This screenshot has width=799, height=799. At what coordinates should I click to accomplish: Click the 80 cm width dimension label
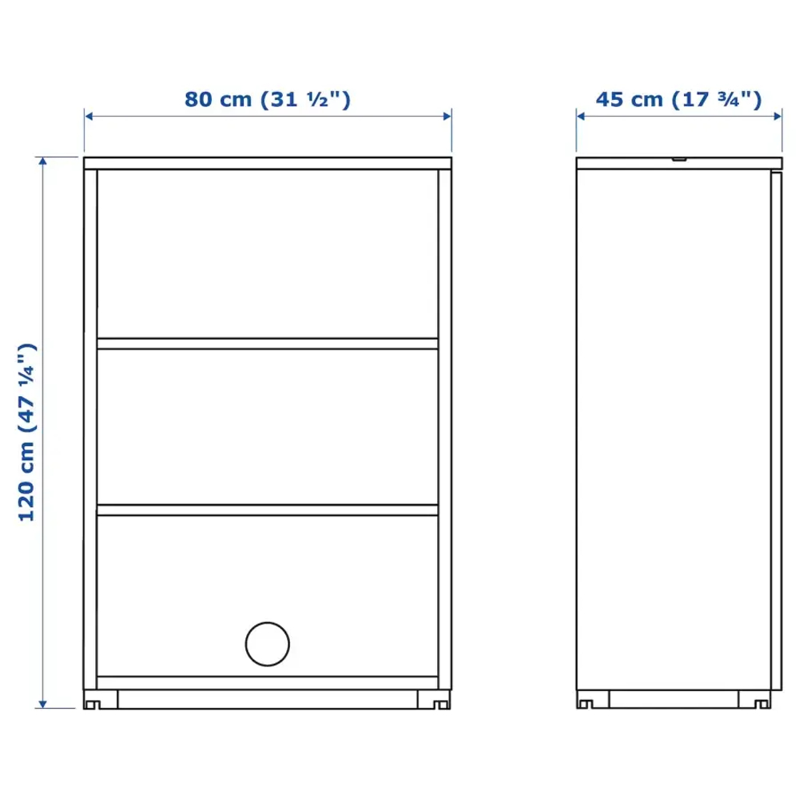268,99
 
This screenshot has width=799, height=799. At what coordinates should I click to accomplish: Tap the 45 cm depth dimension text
678,99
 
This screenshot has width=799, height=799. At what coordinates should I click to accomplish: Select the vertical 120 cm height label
28,431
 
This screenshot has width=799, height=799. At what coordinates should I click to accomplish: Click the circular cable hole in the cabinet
268,644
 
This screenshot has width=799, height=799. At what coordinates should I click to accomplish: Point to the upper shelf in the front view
268,344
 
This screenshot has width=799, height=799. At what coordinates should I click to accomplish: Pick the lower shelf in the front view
268,509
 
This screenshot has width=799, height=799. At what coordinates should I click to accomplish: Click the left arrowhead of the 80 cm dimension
89,117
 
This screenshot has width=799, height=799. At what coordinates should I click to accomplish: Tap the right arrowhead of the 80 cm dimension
447,117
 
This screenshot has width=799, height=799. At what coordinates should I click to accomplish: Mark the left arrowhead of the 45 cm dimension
582,117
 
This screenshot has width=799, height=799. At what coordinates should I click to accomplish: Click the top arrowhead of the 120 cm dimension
45,161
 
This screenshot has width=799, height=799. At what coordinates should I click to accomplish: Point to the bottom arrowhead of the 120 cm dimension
45,703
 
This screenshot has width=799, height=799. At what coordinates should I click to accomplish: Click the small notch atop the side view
679,159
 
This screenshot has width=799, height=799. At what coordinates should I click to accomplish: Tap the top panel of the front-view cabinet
268,163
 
